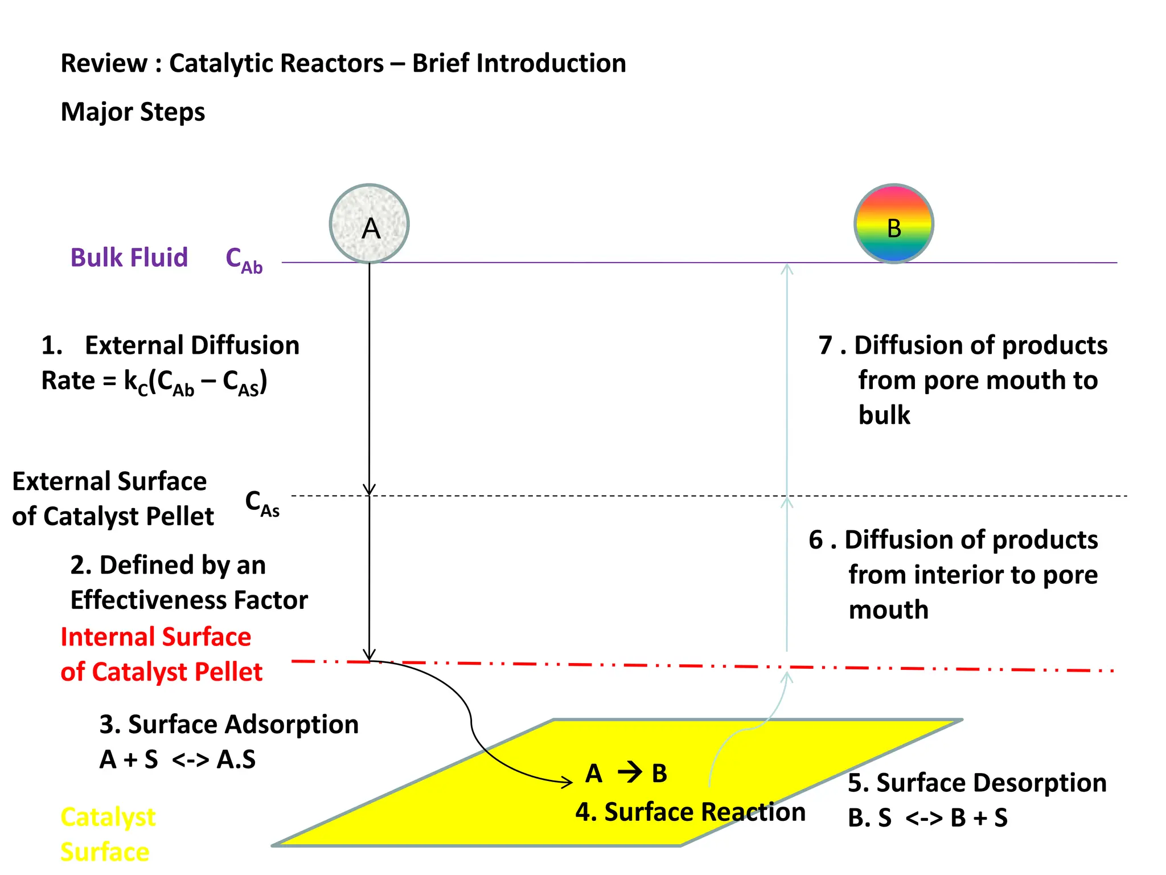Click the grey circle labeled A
[369, 224]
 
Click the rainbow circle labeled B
[893, 224]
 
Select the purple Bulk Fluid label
[129, 257]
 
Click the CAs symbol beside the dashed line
[262, 503]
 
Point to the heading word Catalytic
[276, 63]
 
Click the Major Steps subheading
[133, 112]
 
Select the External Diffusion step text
[192, 345]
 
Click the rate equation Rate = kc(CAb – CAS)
[154, 382]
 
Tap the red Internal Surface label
[155, 637]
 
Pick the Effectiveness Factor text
[189, 600]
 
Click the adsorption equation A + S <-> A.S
[177, 759]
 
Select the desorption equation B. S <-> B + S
[927, 818]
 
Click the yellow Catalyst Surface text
[108, 834]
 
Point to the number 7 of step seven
[826, 345]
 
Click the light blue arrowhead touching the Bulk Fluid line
[787, 269]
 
